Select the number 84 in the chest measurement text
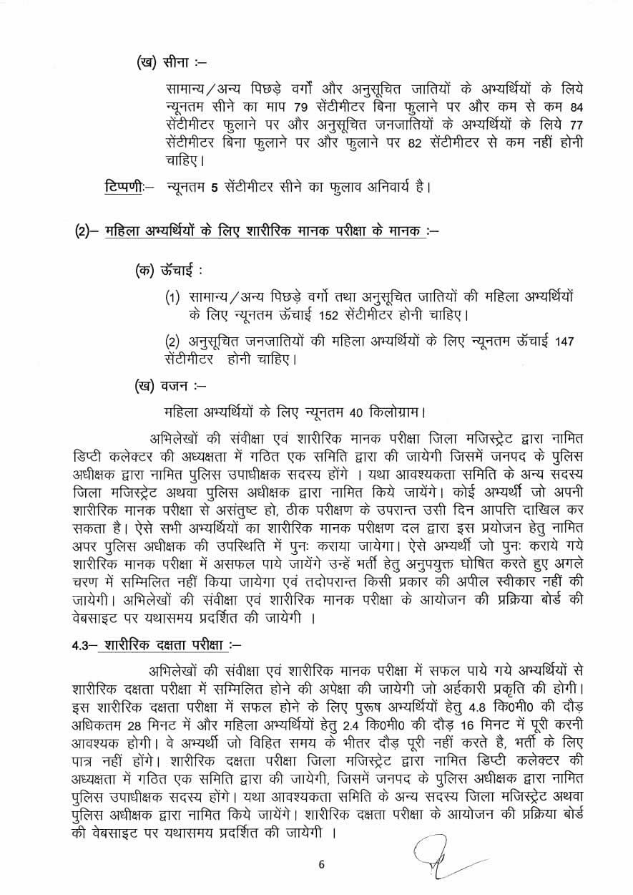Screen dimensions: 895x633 [x=574, y=109]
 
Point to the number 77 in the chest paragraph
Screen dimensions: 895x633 [x=574, y=125]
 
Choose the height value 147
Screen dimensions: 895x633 [x=564, y=341]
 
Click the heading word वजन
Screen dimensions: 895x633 [x=174, y=387]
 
